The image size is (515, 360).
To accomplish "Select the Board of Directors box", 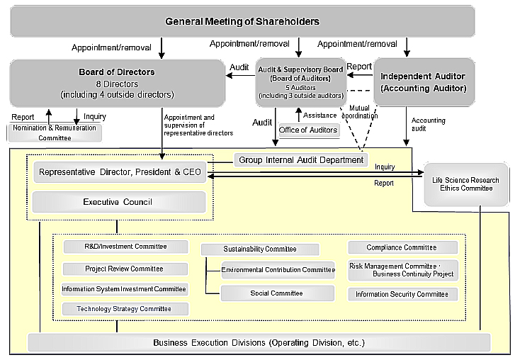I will [117, 83].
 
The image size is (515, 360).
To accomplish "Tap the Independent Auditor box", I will [423, 82].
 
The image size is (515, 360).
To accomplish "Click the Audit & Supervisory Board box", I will [301, 82].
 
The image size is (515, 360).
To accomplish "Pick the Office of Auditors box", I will [308, 130].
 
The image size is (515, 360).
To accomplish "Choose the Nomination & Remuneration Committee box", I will [55, 132].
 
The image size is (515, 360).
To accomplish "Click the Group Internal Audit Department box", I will [301, 160].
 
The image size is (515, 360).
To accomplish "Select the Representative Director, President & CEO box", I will [120, 171].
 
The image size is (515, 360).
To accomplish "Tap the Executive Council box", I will [118, 202].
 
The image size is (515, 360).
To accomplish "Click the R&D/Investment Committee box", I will [125, 247].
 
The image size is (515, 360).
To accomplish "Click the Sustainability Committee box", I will [260, 249].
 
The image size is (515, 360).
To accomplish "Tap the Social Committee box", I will [276, 293].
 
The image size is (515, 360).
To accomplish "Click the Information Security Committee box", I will [402, 294].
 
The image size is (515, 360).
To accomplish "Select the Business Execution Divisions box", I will [259, 343].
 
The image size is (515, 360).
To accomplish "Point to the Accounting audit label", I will [428, 125].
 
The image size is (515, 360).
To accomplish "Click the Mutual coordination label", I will [364, 112].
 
